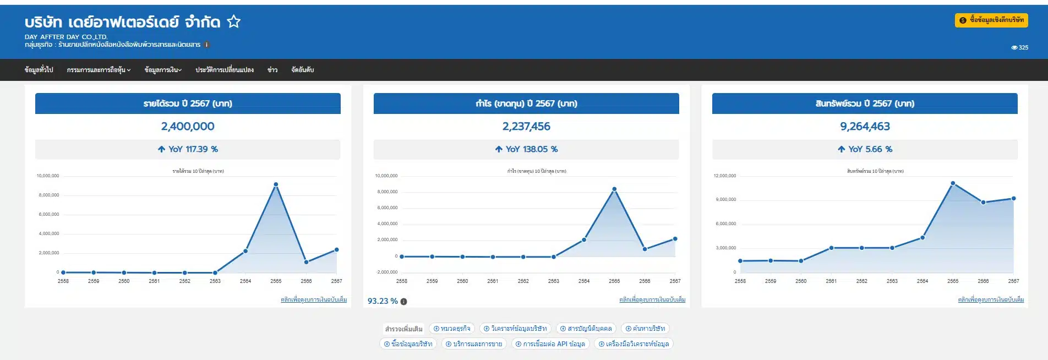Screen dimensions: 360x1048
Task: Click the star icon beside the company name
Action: [x=234, y=22]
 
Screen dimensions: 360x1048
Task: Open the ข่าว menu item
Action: [x=272, y=70]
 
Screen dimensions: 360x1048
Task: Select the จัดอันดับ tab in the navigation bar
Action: [x=302, y=70]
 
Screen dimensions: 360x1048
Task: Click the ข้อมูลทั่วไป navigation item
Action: [x=39, y=70]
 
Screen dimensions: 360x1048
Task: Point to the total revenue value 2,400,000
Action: [x=188, y=127]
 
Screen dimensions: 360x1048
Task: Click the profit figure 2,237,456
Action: [x=526, y=127]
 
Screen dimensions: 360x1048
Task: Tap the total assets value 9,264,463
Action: [x=865, y=127]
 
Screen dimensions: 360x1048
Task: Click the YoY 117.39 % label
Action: [x=188, y=149]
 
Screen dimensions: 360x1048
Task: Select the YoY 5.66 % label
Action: [x=865, y=149]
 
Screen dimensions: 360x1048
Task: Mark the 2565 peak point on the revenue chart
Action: [x=276, y=184]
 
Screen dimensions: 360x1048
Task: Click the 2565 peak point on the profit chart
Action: [x=614, y=189]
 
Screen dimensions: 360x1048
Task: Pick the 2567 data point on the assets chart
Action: [x=1013, y=199]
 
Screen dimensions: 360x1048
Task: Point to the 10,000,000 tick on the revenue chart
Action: [x=48, y=176]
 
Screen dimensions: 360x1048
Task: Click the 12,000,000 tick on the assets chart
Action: [x=724, y=176]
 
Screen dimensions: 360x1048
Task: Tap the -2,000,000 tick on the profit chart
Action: [x=387, y=272]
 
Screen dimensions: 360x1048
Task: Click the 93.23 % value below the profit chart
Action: [x=383, y=301]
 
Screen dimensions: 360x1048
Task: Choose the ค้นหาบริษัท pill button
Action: [x=645, y=329]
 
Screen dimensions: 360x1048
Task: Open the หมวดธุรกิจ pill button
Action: [x=452, y=329]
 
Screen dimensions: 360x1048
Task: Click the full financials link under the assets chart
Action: [x=991, y=300]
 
